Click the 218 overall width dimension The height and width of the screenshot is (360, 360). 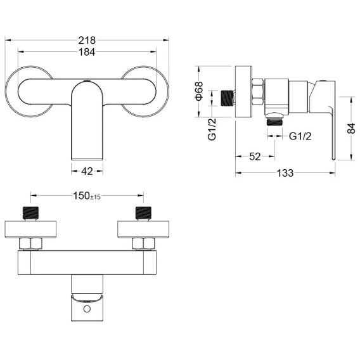pos(87,41)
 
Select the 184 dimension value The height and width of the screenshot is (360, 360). pos(87,52)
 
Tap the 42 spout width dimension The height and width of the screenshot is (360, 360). pos(87,171)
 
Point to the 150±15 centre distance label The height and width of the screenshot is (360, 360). pos(87,196)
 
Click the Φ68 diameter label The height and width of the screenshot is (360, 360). pos(199,91)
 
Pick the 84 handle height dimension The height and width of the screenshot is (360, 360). pos(351,128)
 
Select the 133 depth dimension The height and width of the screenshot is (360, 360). pos(285,173)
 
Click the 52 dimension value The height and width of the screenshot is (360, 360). pos(255,157)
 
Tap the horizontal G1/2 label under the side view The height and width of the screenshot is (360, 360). pos(300,136)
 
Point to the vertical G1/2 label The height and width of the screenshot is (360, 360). pos(212,129)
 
